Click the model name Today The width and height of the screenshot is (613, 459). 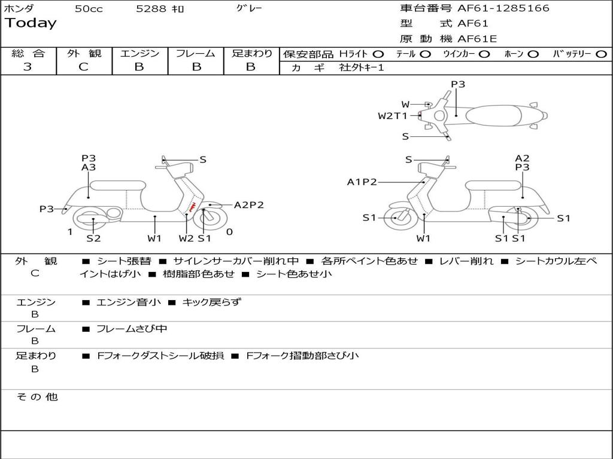click(x=31, y=23)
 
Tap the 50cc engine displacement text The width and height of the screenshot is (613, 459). click(x=89, y=9)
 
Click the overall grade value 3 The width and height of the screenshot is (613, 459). click(x=28, y=67)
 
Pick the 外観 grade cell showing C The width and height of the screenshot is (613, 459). click(x=84, y=67)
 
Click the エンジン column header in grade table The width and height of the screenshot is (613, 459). click(x=139, y=54)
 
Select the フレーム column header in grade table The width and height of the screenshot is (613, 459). click(x=195, y=54)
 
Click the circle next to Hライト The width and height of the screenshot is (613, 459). click(x=378, y=54)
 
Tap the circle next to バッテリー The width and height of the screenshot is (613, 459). click(x=601, y=54)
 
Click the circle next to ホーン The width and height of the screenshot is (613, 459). click(x=533, y=54)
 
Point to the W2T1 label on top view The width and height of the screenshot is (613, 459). click(x=393, y=116)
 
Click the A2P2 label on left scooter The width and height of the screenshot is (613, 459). click(x=248, y=205)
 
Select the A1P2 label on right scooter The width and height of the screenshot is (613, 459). click(x=362, y=182)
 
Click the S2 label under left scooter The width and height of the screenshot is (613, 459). click(x=93, y=238)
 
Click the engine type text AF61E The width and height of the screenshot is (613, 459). click(x=477, y=39)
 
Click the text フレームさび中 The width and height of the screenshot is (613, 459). click(x=132, y=329)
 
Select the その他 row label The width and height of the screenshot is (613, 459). click(x=37, y=397)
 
